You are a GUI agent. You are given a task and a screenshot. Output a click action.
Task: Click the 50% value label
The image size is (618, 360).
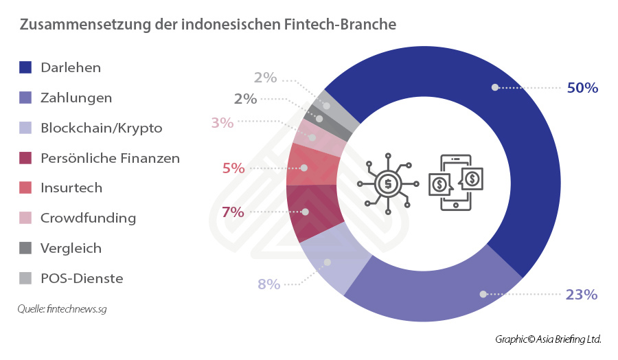point(582,88)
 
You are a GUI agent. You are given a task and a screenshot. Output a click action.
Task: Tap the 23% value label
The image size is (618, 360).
point(582,295)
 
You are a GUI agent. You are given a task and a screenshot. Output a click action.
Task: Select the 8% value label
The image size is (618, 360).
point(268,284)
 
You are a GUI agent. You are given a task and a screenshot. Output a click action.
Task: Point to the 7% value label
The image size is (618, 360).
point(233,212)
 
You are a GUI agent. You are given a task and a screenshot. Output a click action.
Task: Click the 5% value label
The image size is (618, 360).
point(233,168)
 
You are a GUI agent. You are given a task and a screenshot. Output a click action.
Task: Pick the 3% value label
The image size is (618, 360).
point(222,123)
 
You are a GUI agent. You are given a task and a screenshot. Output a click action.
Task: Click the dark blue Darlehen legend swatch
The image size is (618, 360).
point(26,67)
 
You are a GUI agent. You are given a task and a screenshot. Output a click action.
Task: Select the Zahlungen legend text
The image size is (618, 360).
point(76,98)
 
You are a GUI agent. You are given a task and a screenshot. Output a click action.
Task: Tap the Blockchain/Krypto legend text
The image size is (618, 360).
point(102,128)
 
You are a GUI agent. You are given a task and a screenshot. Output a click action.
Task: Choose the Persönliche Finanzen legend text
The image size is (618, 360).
point(110,158)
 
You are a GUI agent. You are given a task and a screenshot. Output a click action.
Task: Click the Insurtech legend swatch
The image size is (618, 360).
point(26,188)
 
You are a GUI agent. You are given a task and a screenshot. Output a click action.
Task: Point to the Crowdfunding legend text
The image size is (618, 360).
point(89,218)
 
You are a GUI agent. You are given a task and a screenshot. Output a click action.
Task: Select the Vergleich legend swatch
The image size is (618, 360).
point(26,248)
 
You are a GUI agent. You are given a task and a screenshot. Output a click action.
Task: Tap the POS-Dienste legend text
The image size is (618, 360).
point(82,278)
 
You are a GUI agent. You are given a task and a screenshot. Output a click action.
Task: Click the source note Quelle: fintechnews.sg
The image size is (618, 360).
point(62,309)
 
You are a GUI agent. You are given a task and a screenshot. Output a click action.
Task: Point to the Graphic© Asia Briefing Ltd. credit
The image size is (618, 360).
point(548,339)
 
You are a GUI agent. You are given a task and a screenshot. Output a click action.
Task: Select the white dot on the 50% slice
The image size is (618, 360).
point(494,87)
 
